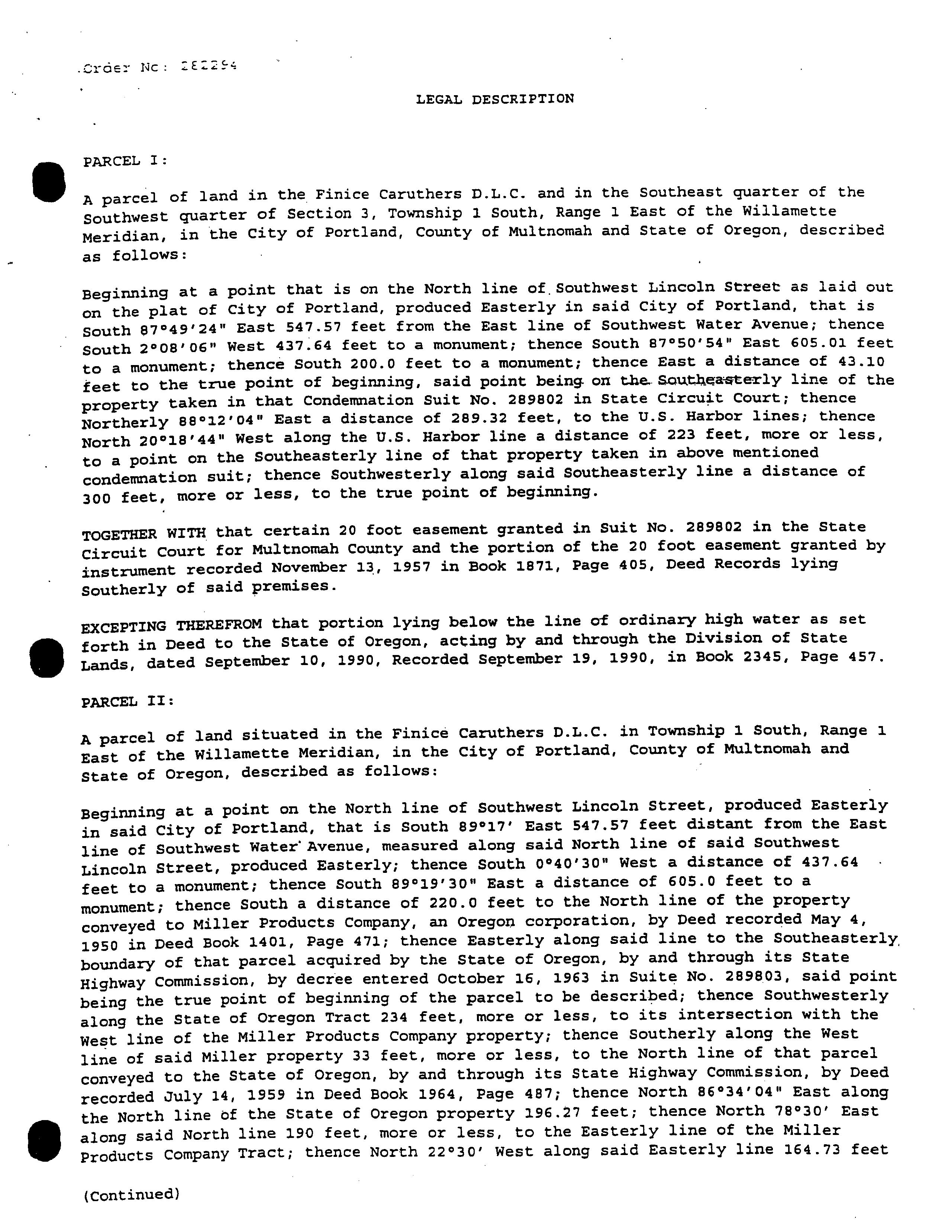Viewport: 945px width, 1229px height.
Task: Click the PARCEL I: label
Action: [x=125, y=161]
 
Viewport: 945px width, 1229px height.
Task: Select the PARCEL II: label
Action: [x=128, y=702]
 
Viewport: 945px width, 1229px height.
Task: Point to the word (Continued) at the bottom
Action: [x=131, y=1194]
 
